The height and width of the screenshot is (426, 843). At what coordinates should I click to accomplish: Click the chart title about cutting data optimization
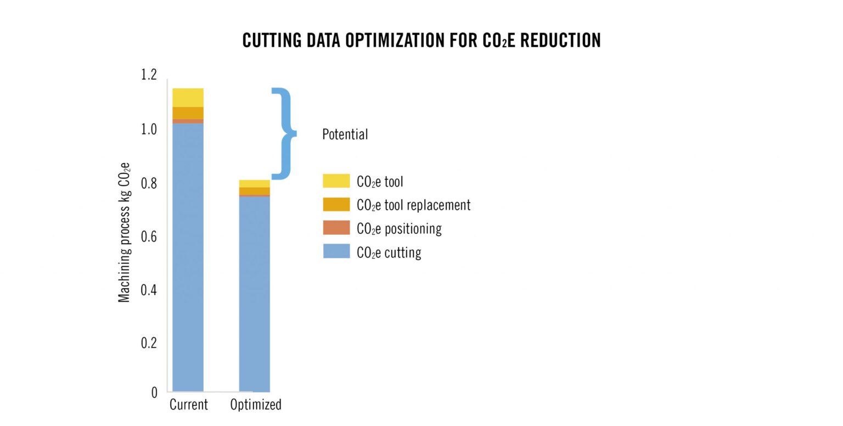click(x=421, y=40)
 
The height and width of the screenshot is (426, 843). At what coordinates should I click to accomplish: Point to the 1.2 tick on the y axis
click(x=149, y=75)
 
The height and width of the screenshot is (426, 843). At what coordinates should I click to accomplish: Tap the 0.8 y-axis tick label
click(x=149, y=183)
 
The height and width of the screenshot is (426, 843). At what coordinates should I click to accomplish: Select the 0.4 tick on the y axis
click(x=149, y=289)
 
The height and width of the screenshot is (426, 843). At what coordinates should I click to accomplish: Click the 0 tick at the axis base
click(x=154, y=393)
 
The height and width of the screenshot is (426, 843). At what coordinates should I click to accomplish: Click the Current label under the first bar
click(x=188, y=405)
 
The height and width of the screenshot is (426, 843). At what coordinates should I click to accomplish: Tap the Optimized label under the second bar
click(x=255, y=405)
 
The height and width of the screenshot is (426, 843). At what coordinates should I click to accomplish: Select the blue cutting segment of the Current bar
click(x=188, y=258)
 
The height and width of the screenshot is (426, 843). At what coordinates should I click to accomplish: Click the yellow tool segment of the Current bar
click(x=188, y=98)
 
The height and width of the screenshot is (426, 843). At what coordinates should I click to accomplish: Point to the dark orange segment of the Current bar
click(x=188, y=113)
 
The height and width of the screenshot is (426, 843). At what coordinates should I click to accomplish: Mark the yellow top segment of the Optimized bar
click(x=255, y=183)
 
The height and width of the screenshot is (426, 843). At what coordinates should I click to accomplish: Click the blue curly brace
click(x=284, y=133)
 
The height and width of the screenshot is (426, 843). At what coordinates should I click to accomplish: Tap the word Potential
click(x=345, y=134)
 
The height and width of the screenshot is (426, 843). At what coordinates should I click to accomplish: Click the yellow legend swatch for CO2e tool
click(x=336, y=181)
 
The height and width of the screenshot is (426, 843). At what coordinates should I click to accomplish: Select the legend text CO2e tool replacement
click(x=413, y=205)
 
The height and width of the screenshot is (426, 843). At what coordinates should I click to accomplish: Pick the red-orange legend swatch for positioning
click(x=336, y=228)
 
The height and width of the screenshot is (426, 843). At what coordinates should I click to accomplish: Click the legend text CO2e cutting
click(x=389, y=253)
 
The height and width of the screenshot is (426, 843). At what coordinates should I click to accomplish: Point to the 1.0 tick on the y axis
click(x=149, y=130)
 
